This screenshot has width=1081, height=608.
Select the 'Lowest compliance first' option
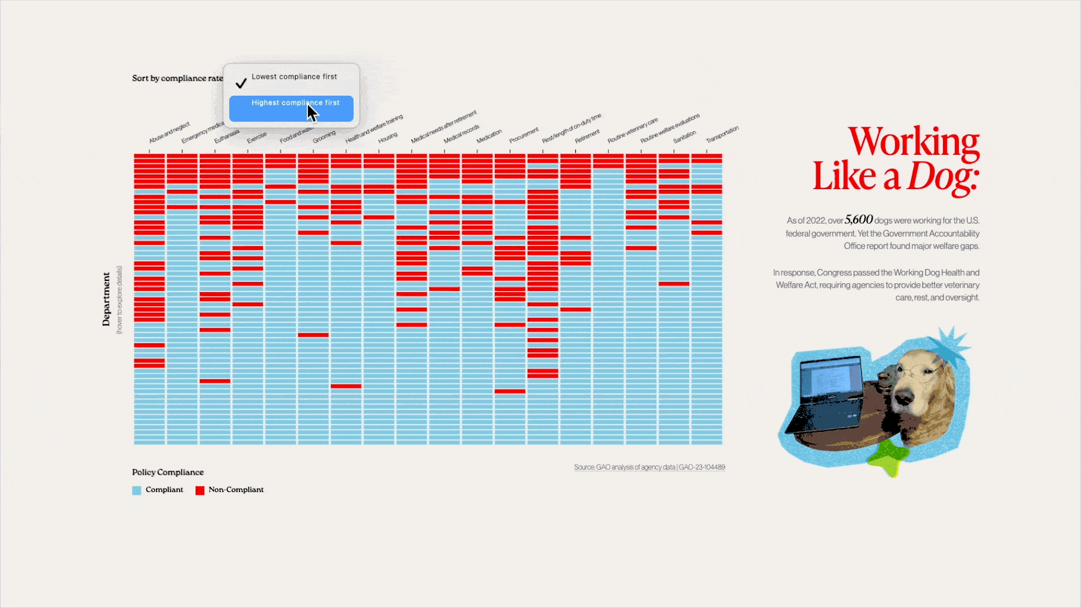[294, 77]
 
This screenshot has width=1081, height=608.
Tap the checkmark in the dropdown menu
[241, 83]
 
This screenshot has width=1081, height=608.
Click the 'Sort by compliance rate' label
[177, 78]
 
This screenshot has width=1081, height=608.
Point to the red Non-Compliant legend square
[200, 490]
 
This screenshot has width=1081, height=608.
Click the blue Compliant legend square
[137, 490]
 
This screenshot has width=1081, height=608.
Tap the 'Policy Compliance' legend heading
[168, 472]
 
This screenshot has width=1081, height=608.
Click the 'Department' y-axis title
[106, 299]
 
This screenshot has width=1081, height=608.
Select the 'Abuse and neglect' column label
[169, 133]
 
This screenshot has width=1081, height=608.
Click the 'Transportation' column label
[722, 135]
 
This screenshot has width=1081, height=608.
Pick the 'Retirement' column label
[587, 136]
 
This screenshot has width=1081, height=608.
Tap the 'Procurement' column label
[524, 136]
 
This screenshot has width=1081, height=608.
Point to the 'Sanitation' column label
[684, 137]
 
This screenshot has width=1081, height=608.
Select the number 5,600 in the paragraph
[859, 220]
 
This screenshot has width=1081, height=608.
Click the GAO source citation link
[649, 467]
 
